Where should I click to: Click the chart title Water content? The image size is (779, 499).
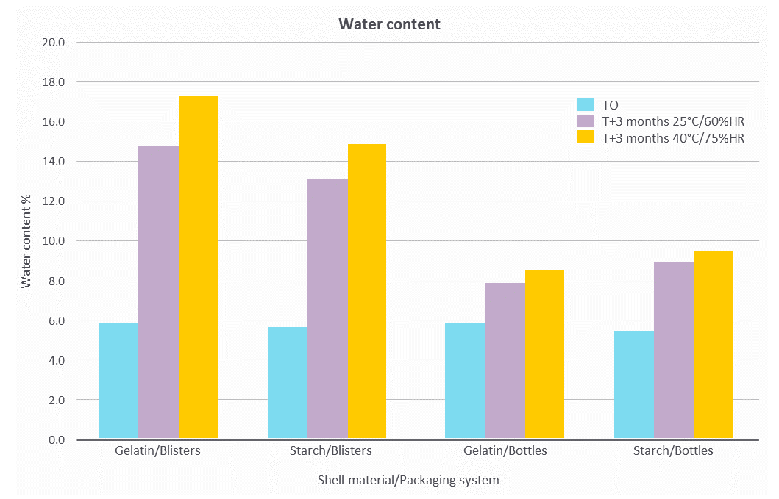tap(389, 24)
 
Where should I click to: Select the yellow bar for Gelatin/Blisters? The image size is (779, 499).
tap(198, 268)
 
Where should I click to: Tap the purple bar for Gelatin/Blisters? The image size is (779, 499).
tap(158, 292)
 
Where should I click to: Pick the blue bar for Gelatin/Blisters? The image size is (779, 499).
tap(118, 381)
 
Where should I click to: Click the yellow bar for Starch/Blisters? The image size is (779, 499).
tap(367, 292)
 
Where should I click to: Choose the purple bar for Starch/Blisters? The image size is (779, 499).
tap(327, 309)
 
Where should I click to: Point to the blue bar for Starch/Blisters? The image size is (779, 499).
tap(288, 383)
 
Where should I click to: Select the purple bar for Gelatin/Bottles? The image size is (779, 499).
tap(505, 361)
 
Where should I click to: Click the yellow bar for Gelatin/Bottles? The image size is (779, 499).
tap(544, 354)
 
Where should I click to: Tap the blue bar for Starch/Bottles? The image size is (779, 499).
tap(634, 385)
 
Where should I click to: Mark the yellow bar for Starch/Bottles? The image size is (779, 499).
tap(714, 345)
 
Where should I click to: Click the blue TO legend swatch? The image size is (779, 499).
tap(586, 105)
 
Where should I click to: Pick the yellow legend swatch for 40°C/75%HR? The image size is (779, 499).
tap(586, 137)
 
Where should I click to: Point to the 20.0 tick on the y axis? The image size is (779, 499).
tap(56, 42)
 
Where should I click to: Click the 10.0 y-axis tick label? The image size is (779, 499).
tap(56, 241)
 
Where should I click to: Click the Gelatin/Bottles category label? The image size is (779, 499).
tap(505, 450)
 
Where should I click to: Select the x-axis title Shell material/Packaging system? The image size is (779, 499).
tap(408, 480)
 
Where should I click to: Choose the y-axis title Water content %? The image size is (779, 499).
tap(26, 241)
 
